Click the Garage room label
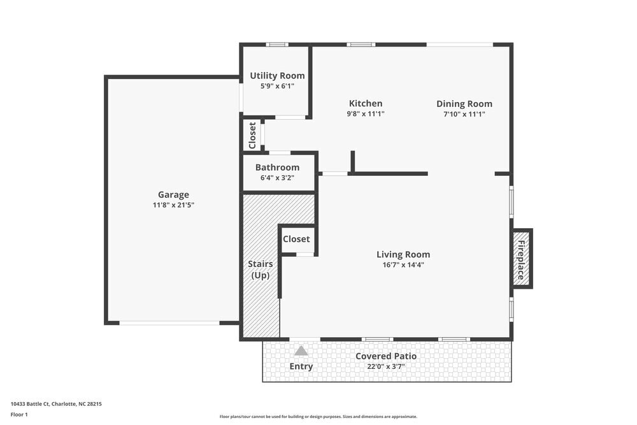[x=173, y=195]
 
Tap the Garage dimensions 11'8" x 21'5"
[x=173, y=205]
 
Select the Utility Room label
[x=277, y=76]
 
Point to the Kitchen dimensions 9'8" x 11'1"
[x=365, y=114]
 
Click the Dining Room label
[x=464, y=104]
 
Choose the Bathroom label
[x=277, y=168]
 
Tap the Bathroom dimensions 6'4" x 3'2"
[x=277, y=178]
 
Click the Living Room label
[x=403, y=254]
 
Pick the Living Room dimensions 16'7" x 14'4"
[x=403, y=264]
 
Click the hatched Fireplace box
[x=522, y=259]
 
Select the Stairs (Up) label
[x=260, y=270]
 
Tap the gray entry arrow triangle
[x=301, y=351]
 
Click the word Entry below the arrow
[x=301, y=366]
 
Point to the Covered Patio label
[x=386, y=356]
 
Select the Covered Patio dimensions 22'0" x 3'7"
[x=386, y=366]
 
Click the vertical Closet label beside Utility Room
[x=252, y=135]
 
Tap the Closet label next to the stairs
[x=296, y=239]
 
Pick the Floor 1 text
[x=19, y=414]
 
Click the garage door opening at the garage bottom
[x=169, y=323]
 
